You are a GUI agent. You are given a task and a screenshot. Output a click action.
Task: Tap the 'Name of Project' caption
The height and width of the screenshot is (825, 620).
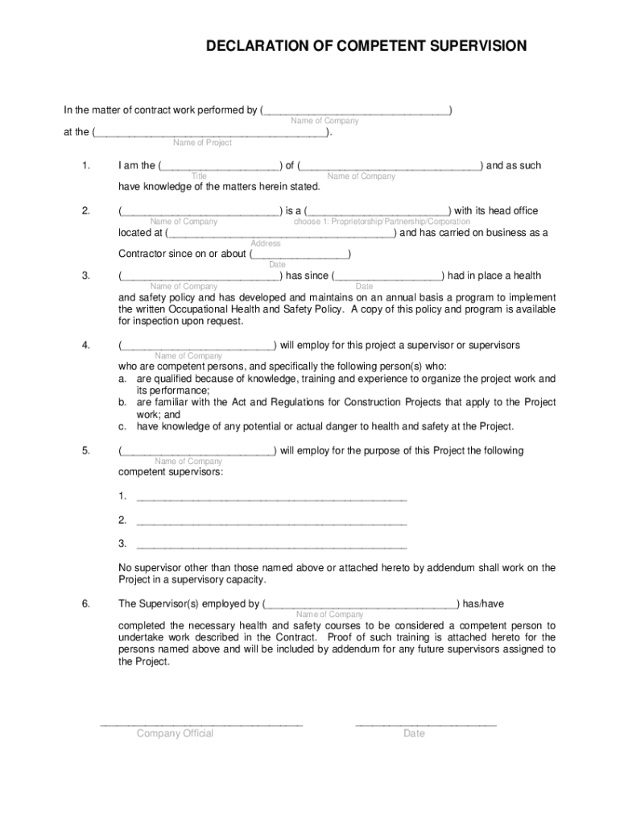[202, 143]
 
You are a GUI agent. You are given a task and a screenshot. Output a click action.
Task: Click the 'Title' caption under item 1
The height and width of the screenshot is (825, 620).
[199, 176]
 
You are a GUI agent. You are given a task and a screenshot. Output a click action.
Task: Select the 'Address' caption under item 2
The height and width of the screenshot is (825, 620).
[266, 243]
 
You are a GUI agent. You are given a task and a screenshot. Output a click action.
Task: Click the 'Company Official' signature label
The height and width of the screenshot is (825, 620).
[175, 733]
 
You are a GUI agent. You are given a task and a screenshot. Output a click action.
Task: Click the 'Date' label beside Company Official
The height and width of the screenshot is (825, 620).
[414, 733]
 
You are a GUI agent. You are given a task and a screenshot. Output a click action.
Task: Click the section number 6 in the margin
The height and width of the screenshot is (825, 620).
[85, 603]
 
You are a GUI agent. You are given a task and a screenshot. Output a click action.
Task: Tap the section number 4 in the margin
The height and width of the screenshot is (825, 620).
[85, 346]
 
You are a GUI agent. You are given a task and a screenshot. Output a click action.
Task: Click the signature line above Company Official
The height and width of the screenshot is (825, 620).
[201, 723]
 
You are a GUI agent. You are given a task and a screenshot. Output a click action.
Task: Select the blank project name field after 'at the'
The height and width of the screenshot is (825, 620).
[211, 132]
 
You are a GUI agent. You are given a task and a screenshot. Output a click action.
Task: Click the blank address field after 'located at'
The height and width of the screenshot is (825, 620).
[281, 234]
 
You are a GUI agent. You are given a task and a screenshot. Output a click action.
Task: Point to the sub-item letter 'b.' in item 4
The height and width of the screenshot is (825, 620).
[123, 402]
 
